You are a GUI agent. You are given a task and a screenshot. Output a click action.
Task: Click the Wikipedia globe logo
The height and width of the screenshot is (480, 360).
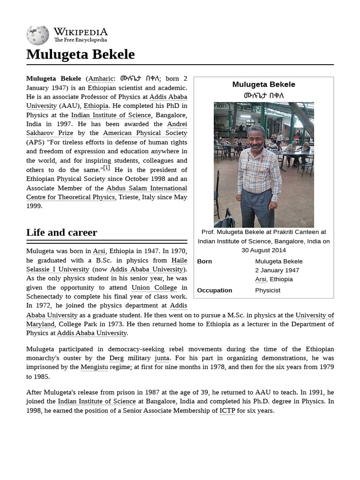pos(37,35)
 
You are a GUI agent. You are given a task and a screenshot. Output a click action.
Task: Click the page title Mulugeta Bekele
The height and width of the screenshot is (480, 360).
pos(80,54)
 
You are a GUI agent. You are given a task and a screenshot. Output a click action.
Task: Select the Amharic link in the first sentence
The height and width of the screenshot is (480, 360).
pos(101,79)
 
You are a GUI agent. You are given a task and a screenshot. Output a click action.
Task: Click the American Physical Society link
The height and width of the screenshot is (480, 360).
pos(145,133)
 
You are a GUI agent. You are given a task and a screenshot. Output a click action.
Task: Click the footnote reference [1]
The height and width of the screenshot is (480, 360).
pos(106,168)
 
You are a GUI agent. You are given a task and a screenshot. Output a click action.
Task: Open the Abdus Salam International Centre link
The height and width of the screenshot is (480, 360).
pos(146,188)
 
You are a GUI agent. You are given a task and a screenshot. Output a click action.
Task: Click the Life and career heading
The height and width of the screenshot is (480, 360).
pos(61,232)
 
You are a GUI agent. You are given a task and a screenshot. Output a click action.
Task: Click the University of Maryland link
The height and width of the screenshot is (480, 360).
pos(314,315)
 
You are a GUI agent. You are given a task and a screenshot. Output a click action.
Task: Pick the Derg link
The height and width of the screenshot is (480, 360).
pos(116,358)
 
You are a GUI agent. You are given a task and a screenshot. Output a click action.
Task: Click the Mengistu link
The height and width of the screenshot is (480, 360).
pos(94,367)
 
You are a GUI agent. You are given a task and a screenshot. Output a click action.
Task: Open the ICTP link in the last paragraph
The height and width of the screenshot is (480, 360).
pos(227,411)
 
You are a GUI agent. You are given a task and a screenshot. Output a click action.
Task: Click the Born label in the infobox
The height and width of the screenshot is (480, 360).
pos(204,261)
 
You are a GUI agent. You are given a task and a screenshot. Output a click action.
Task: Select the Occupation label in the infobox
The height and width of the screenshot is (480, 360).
pos(214,290)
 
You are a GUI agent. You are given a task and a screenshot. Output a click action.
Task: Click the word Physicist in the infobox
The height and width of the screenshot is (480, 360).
pos(267,290)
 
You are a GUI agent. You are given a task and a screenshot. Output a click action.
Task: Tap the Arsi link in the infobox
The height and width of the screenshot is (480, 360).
pos(260,279)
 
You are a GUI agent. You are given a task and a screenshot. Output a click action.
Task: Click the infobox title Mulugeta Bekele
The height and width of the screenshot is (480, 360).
pos(263,84)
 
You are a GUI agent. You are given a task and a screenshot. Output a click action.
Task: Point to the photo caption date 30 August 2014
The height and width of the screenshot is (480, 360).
pos(263,250)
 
